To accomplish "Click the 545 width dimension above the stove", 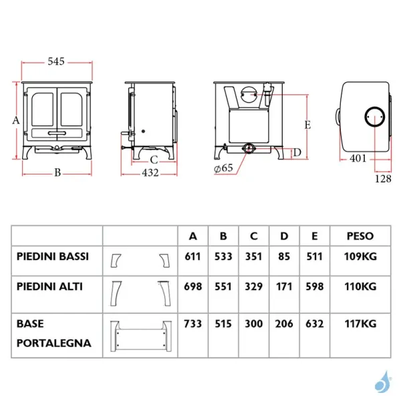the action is (56, 61).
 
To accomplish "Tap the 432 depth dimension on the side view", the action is (150, 173).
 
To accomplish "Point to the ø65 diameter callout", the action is (223, 168).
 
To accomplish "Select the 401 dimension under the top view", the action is (358, 158).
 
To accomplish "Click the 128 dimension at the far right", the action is (383, 178).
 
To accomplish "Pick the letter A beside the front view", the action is (16, 120).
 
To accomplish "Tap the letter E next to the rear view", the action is (307, 125).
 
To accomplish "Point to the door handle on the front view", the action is (57, 133).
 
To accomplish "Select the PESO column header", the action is (360, 236).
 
